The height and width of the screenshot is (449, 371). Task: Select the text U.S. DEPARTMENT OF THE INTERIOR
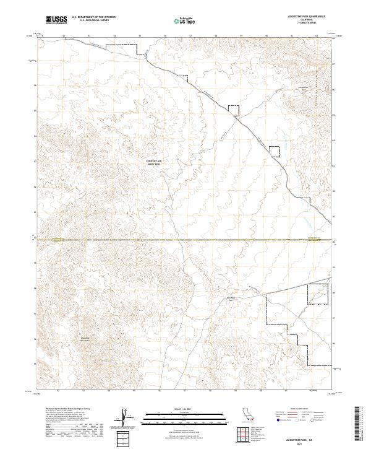(x=93, y=17)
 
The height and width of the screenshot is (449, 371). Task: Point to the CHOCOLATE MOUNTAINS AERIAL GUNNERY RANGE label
(x=152, y=162)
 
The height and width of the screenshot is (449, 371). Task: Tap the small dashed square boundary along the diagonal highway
(x=233, y=110)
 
